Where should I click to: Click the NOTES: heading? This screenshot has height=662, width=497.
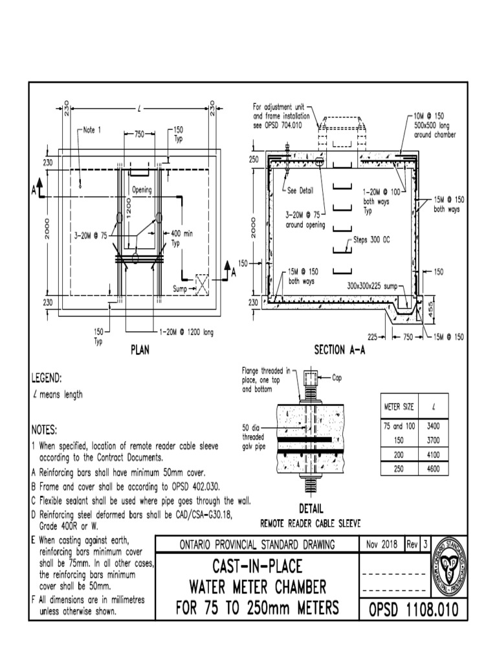coord(44,430)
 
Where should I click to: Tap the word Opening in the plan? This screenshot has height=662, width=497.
coord(142,191)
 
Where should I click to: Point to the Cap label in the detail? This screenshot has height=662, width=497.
coord(341,378)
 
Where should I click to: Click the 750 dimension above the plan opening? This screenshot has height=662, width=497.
coord(138,134)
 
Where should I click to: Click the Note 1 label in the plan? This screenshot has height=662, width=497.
coord(92,130)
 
